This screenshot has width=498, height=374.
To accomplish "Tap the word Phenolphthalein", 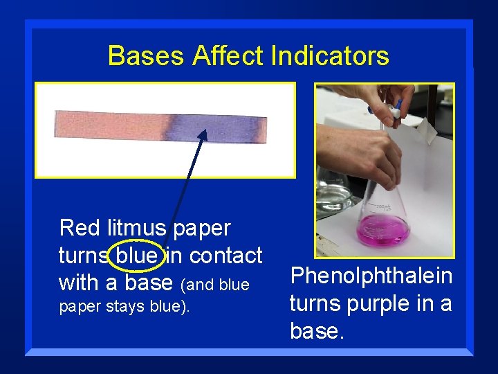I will click(371, 276).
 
